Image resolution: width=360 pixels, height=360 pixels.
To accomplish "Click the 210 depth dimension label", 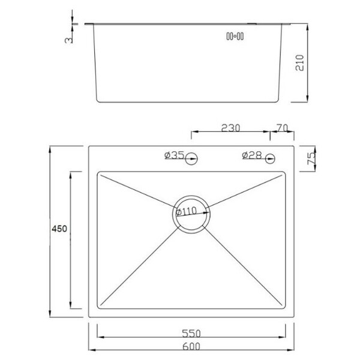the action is coord(300,62).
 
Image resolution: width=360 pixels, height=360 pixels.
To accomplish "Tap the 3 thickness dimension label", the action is coord(68,40).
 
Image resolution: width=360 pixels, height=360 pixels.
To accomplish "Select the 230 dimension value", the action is coord(230,128).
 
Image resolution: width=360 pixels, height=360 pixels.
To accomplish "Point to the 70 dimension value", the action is coord(282,128).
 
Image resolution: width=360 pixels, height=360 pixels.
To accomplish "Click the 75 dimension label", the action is coord(311,158).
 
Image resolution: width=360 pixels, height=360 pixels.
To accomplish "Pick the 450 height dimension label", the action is coord(59,229).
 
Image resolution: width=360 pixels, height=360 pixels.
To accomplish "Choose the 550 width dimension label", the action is coord(191,334).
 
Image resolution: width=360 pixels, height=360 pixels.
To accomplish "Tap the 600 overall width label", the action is coord(191,346).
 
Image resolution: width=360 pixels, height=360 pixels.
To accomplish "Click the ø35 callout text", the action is coord(175,155).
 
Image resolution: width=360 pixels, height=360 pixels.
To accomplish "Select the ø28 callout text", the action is coord(252,155).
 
